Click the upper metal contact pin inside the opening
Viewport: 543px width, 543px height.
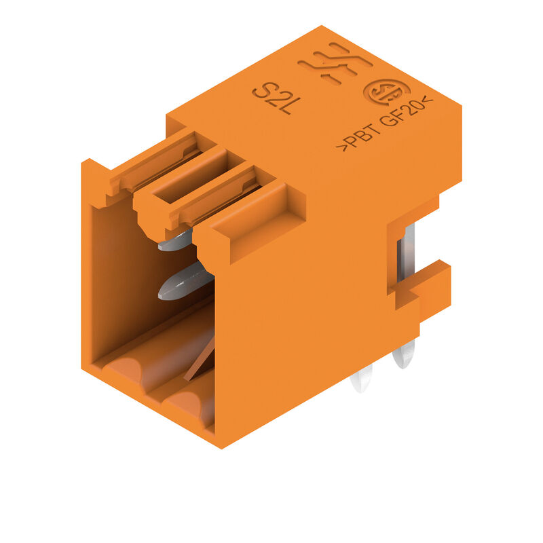pyautogui.click(x=175, y=240)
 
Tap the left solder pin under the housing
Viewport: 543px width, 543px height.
pyautogui.click(x=361, y=378)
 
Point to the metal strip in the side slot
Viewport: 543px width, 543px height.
pyautogui.click(x=408, y=251)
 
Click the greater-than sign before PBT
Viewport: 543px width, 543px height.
pyautogui.click(x=343, y=145)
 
